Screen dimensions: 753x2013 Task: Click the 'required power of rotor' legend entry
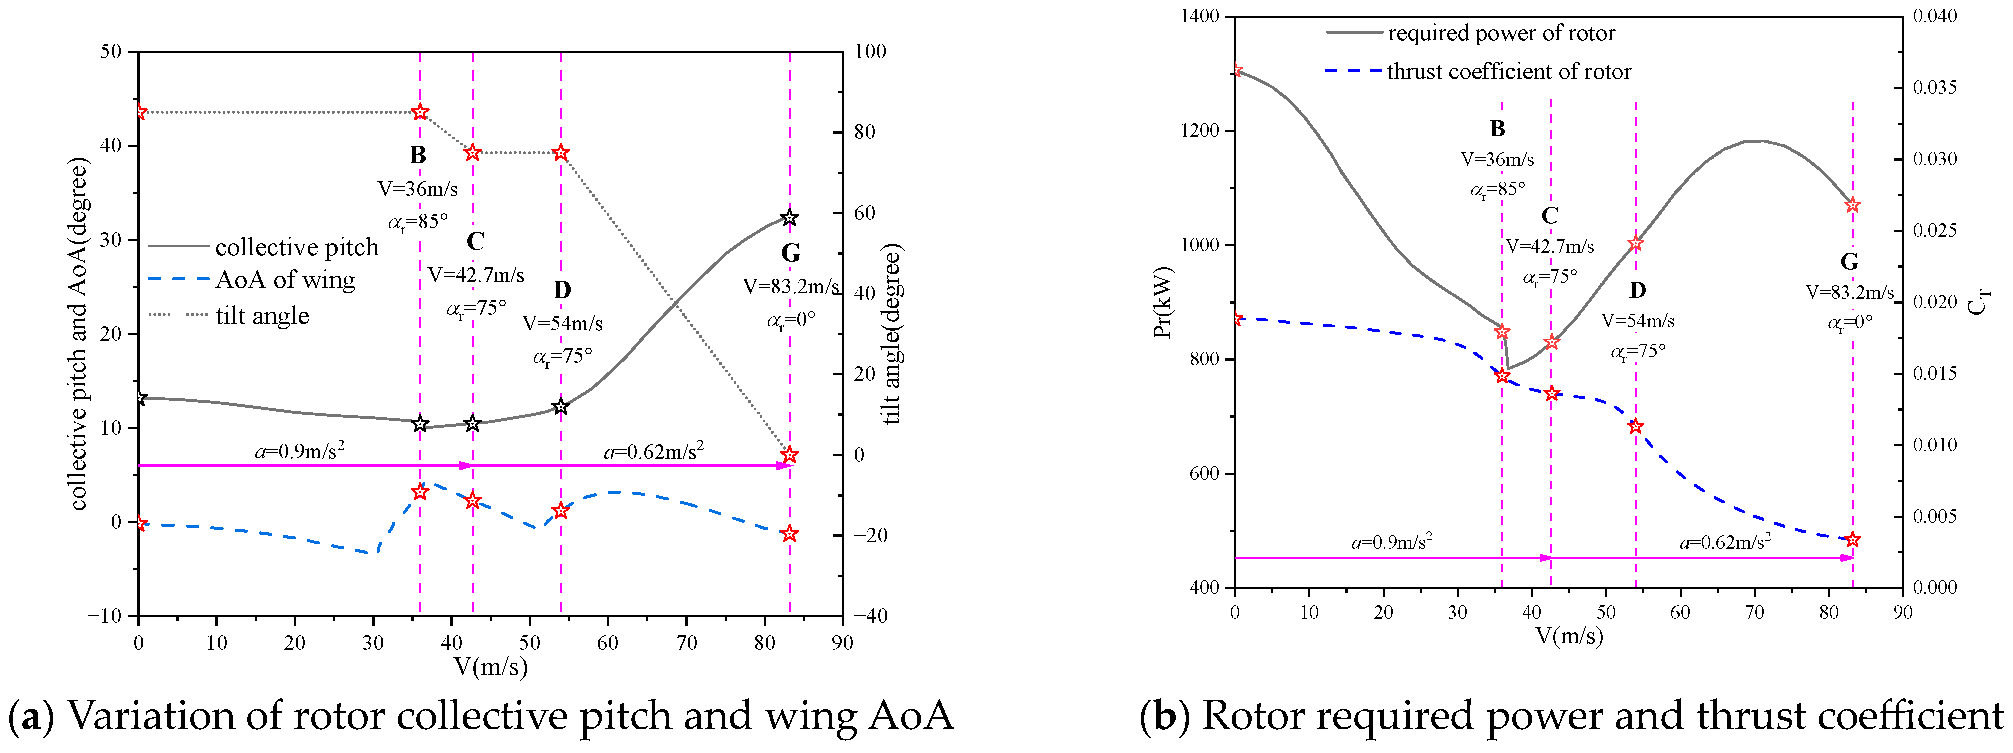1500,33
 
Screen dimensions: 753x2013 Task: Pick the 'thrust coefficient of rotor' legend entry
1508,71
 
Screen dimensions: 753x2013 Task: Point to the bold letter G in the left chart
790,253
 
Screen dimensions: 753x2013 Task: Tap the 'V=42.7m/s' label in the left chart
476,275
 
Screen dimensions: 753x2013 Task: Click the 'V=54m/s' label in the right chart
1638,321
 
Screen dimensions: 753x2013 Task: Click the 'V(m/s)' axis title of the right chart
1569,636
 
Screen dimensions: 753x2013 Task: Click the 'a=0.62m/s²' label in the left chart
653,451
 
